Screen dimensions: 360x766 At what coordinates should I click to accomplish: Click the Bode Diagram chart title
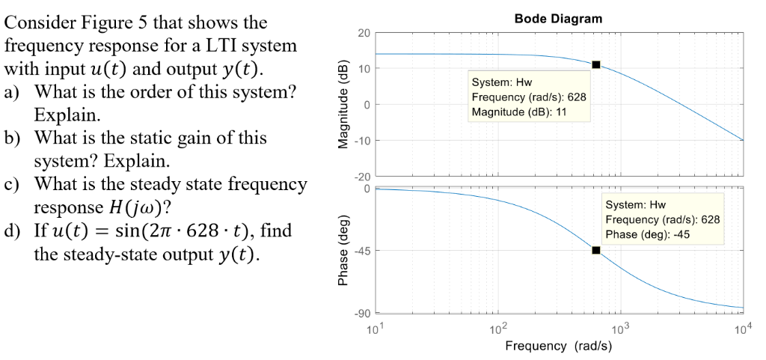pyautogui.click(x=558, y=19)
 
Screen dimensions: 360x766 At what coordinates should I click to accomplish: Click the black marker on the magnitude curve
pyautogui.click(x=595, y=64)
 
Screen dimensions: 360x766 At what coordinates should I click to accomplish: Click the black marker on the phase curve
pyautogui.click(x=595, y=250)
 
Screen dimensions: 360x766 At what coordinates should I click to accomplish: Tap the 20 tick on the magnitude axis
pyautogui.click(x=363, y=33)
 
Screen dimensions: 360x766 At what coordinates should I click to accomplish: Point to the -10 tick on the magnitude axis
pyautogui.click(x=361, y=140)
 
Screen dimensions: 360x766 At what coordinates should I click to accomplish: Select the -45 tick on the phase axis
pyautogui.click(x=361, y=250)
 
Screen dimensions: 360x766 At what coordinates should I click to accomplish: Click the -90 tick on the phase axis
pyautogui.click(x=361, y=313)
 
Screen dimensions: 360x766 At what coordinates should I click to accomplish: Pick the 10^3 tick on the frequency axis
pyautogui.click(x=620, y=329)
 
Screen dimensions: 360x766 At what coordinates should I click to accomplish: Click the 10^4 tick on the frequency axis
pyautogui.click(x=742, y=329)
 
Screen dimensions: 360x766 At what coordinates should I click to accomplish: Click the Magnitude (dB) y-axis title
pyautogui.click(x=344, y=104)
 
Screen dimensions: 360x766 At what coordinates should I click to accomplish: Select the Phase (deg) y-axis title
pyautogui.click(x=344, y=250)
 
